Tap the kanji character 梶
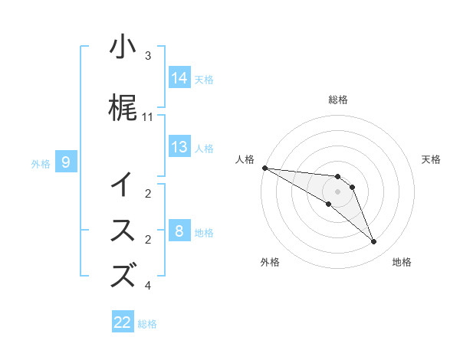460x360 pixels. pos(123,110)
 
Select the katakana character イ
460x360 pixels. pos(123,185)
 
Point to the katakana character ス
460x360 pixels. pos(123,231)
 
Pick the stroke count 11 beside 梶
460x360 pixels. pos(148,117)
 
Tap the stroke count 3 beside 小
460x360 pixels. pos(148,56)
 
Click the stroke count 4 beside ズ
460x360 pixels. pos(148,286)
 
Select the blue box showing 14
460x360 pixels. pos(179,77)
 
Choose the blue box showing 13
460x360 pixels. pos(179,147)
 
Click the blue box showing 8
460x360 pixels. pos(179,231)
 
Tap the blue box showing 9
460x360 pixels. pos(67,162)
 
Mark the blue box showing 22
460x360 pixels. pos(123,322)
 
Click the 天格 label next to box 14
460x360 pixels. pos(204,79)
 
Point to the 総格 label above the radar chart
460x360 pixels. pos(338,100)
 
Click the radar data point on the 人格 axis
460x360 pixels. pos(264,168)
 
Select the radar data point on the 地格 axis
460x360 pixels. pos(373,242)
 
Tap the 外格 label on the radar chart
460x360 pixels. pos(270,262)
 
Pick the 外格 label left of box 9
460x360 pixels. pos(41,163)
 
